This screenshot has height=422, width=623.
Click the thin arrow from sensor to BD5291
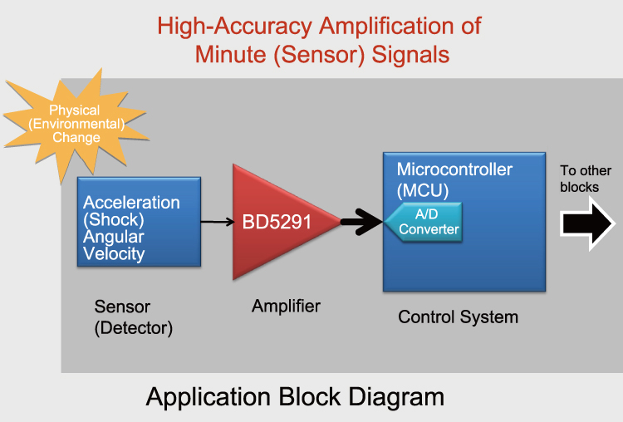point(217,222)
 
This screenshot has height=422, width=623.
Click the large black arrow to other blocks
point(588,224)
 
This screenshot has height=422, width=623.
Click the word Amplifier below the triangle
point(286,307)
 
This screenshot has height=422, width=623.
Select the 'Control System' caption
point(458,316)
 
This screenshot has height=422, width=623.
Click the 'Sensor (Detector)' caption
point(133,317)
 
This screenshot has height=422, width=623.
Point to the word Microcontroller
point(454,169)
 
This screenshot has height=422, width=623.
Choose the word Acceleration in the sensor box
point(131,203)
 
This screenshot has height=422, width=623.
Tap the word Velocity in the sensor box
point(115,253)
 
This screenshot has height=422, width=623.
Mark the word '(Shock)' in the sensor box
point(114,219)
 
